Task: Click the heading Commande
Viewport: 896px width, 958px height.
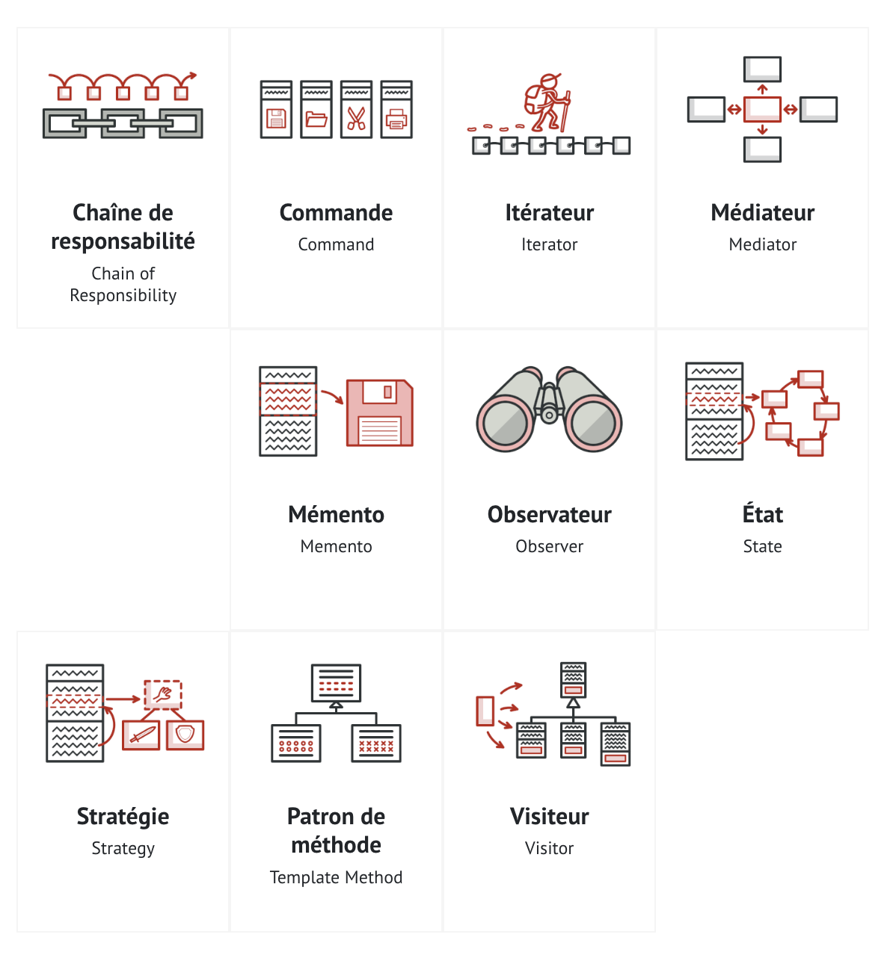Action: point(336,213)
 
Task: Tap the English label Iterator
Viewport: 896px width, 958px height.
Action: point(549,244)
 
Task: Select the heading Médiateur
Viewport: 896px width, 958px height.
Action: point(762,213)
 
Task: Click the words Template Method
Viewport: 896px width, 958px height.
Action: point(336,877)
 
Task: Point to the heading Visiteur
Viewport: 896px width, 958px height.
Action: point(549,817)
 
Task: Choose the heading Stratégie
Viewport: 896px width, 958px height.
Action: point(123,817)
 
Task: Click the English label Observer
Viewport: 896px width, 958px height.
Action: point(549,546)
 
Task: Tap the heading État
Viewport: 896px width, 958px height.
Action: point(762,515)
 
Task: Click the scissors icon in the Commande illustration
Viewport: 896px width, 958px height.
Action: point(356,119)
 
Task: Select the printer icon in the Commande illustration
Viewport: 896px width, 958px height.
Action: point(396,119)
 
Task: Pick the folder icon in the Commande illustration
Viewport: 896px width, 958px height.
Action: point(316,119)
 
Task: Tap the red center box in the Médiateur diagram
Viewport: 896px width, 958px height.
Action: point(762,110)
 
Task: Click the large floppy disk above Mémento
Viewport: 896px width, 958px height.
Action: point(379,413)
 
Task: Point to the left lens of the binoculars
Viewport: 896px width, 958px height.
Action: point(506,422)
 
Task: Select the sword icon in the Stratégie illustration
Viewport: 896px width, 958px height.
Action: point(141,735)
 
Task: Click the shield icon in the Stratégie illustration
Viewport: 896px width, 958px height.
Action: point(185,734)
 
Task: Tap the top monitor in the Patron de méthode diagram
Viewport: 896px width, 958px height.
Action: point(336,682)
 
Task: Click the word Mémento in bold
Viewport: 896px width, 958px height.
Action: point(336,515)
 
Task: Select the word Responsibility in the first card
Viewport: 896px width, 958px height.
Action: point(123,296)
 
